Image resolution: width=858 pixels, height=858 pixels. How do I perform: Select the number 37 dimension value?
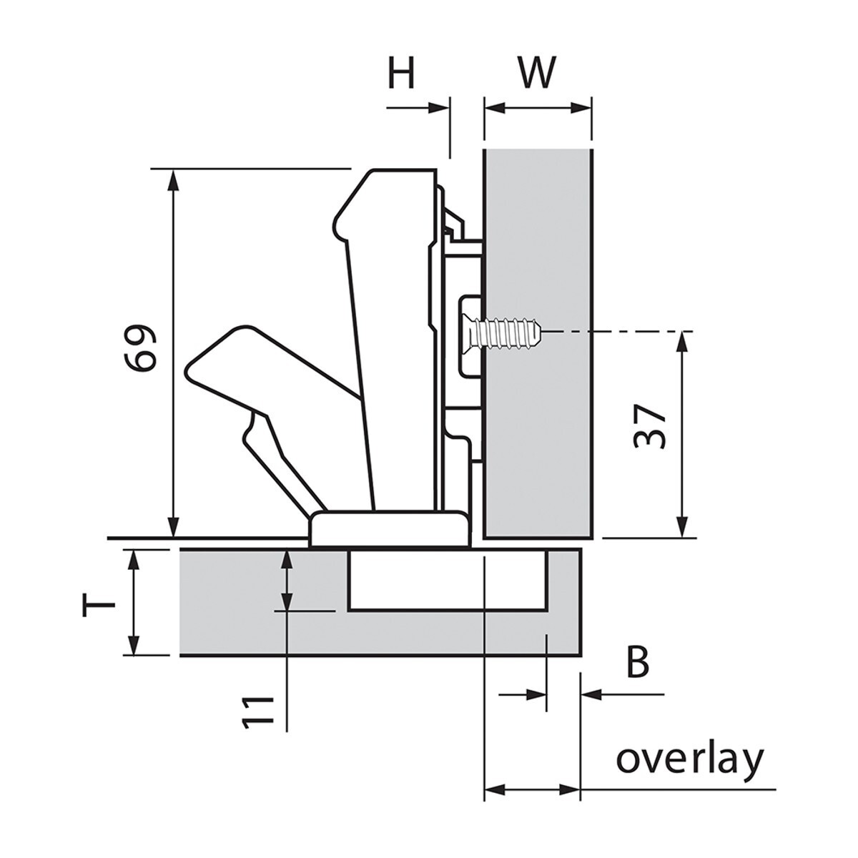(651, 427)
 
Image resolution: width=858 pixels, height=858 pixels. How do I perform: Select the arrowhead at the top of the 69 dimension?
(172, 179)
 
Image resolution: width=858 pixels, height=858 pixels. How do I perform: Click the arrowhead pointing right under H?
(439, 108)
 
